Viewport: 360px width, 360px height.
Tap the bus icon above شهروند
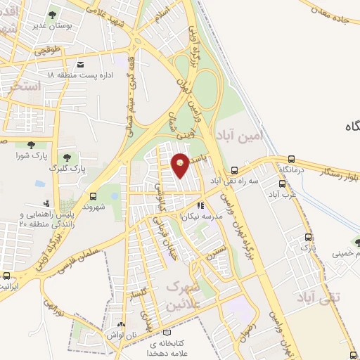click(x=93, y=196)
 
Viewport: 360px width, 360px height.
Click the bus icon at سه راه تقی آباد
click(x=235, y=169)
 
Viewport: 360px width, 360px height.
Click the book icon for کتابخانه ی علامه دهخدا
click(x=166, y=333)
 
